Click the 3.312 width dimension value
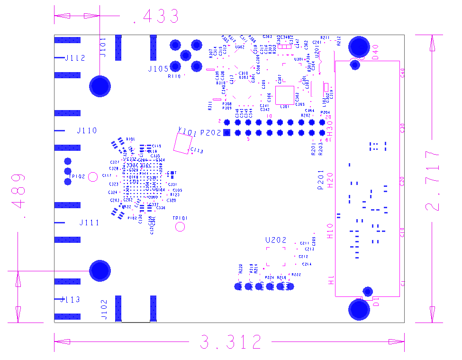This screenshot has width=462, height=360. pyautogui.click(x=231, y=342)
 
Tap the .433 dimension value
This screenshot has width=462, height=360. pyautogui.click(x=155, y=17)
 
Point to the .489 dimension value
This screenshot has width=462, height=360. pyautogui.click(x=18, y=196)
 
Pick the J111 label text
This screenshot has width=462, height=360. pyautogui.click(x=89, y=222)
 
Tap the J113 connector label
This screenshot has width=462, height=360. pyautogui.click(x=70, y=299)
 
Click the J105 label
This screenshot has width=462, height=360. pyautogui.click(x=158, y=69)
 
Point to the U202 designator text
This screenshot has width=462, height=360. pyautogui.click(x=275, y=240)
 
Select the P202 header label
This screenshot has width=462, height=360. pyautogui.click(x=210, y=133)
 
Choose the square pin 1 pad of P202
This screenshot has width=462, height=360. pyautogui.click(x=226, y=133)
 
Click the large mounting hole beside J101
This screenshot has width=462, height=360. pyautogui.click(x=100, y=86)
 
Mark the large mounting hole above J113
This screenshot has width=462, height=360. pyautogui.click(x=100, y=270)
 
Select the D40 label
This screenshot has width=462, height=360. pyautogui.click(x=375, y=52)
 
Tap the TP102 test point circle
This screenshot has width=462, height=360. pyautogui.click(x=93, y=176)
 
